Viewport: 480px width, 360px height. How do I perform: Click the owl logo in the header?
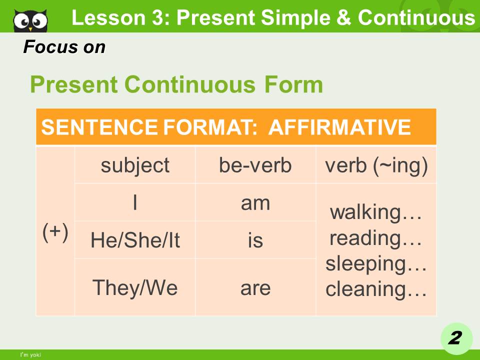pos(30,20)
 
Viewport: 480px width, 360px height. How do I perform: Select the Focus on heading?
pos(64,47)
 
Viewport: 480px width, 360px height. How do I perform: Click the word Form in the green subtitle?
pos(293,84)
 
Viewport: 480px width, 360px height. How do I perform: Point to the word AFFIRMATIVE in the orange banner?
pos(339,127)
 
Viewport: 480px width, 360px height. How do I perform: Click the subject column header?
pos(135,165)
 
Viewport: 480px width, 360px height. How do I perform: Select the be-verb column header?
pos(255,165)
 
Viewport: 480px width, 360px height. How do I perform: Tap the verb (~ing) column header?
pos(376,165)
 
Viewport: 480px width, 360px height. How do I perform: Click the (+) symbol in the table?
pos(55,232)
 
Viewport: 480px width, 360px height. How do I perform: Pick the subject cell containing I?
pos(135,202)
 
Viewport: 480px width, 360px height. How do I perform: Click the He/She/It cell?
pos(135,239)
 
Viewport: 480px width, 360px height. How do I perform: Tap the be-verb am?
pos(255,203)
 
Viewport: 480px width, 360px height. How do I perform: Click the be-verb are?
pos(255,288)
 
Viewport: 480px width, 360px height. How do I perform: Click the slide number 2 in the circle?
pos(455,338)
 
